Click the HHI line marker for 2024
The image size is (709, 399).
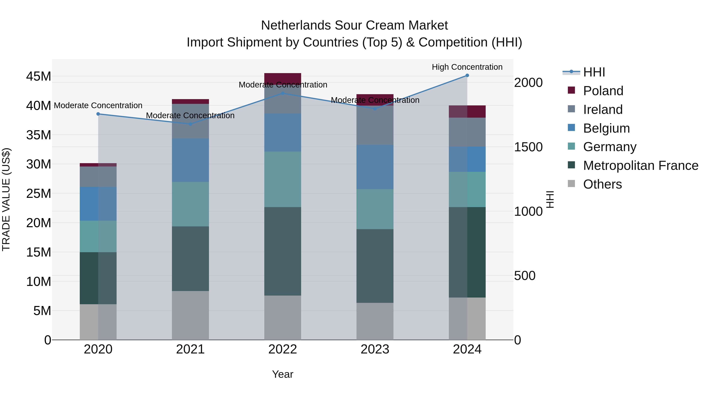click(x=467, y=75)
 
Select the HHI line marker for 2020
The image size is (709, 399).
click(x=98, y=114)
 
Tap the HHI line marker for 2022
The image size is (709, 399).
click(x=283, y=93)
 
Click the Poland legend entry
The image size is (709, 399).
click(x=603, y=91)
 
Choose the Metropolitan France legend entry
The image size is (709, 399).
click(x=640, y=166)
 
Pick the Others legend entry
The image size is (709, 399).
click(x=602, y=184)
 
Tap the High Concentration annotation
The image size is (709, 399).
click(x=467, y=67)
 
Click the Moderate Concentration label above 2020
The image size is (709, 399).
click(x=98, y=105)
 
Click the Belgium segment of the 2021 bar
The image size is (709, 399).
click(x=190, y=160)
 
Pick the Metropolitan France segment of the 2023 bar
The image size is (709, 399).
click(x=375, y=266)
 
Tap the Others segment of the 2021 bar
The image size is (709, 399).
click(x=190, y=315)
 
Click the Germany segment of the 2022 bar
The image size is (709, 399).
click(x=283, y=179)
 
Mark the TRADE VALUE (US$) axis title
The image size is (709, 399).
click(x=6, y=199)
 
